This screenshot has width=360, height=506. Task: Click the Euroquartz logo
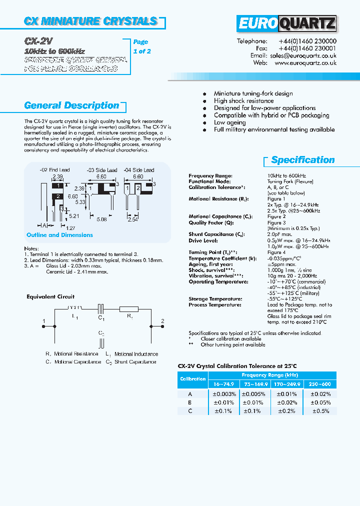point(286,23)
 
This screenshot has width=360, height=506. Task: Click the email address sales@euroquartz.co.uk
point(302,56)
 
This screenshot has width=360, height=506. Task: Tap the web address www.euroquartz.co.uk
point(305,63)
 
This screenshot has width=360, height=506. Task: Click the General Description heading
point(71,105)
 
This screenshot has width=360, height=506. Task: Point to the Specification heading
point(303,160)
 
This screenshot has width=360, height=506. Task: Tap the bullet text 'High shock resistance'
point(243,100)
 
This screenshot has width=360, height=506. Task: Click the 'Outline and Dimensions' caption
point(59,235)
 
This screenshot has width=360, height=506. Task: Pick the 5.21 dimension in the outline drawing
point(74,216)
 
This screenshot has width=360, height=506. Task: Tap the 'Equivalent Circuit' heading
point(50,296)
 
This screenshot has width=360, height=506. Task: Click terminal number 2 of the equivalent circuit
point(162,321)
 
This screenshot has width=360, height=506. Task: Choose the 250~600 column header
point(320,384)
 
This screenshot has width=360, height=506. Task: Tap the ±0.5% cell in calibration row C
point(320,410)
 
